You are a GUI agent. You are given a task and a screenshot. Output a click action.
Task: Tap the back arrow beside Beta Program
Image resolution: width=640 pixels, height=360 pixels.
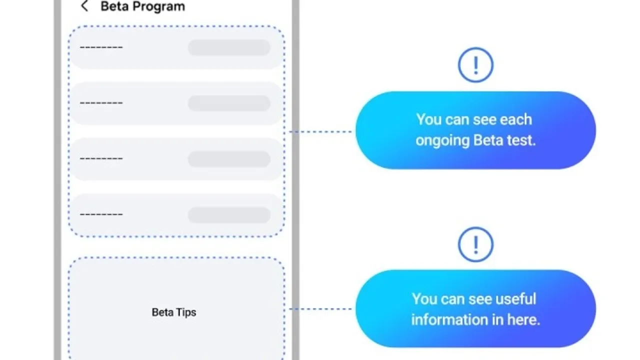coord(84,6)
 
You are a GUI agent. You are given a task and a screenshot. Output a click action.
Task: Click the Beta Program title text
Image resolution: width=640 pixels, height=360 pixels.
coord(143,6)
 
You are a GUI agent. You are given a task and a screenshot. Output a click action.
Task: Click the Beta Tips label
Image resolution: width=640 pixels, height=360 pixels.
coord(173,312)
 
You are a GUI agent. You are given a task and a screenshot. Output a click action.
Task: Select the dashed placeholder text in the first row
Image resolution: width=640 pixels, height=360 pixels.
coord(101,47)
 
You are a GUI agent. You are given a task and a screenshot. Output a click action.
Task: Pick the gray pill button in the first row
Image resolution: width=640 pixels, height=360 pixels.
coord(229,47)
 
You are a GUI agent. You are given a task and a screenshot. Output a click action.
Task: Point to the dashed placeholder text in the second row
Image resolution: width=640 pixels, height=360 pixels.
coord(101,103)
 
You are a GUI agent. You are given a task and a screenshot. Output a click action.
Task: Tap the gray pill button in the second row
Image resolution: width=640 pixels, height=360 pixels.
coord(229,103)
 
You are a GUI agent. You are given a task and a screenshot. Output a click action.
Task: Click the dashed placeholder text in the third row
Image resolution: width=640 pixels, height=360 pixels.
coord(101,158)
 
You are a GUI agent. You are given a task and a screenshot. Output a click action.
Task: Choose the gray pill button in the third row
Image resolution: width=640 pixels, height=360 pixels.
coord(229,159)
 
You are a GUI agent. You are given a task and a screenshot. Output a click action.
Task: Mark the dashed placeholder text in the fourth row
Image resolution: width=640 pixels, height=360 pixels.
coord(101,214)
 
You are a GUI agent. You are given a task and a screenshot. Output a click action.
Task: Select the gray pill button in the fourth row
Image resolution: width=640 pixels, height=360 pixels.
coord(229,215)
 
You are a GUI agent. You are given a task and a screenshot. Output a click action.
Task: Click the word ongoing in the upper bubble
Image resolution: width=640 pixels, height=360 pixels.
coord(442,141)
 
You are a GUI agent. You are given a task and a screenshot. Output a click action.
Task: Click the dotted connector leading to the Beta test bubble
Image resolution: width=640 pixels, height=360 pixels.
coord(320,131)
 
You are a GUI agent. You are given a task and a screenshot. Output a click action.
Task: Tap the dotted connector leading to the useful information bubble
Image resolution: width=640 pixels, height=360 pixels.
coord(320,309)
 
